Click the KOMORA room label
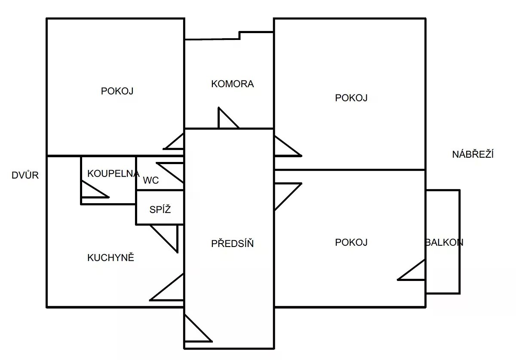(232, 84)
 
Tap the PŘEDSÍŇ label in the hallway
(232, 244)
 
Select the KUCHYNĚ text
(111, 258)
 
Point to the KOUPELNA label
(113, 174)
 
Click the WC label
(151, 180)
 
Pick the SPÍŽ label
(160, 210)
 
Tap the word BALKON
(444, 242)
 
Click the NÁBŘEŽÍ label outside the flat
(473, 155)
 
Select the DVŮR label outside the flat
(25, 175)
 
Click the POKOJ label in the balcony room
(351, 242)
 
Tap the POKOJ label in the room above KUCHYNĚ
(117, 91)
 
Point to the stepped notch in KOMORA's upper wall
(240, 34)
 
